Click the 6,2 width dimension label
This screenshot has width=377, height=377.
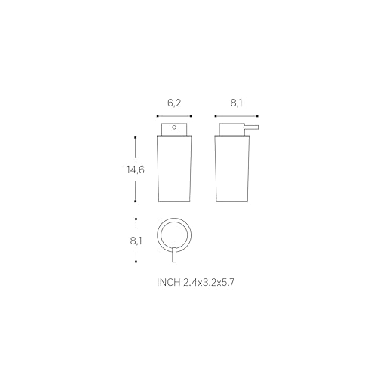coord(174,103)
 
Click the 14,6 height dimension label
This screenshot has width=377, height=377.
coord(135,170)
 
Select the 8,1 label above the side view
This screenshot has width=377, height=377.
coord(236,103)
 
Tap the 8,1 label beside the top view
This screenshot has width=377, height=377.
coord(136,241)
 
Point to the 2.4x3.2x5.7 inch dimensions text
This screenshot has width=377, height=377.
coord(209,282)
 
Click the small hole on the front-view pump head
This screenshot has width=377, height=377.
coord(174,127)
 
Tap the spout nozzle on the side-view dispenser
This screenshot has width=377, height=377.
coord(252,127)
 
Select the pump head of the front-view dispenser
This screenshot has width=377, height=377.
coord(174,130)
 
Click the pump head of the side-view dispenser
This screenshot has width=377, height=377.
coord(232,130)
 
